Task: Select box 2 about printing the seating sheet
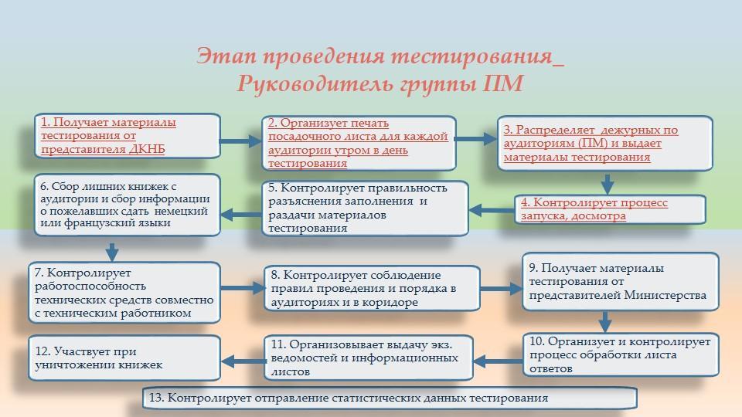359,143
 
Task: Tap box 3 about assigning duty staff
604,143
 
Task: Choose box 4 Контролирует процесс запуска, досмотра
610,209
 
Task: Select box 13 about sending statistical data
390,398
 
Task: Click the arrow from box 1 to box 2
241,141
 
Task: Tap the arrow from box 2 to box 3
476,139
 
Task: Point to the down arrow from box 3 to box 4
608,183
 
